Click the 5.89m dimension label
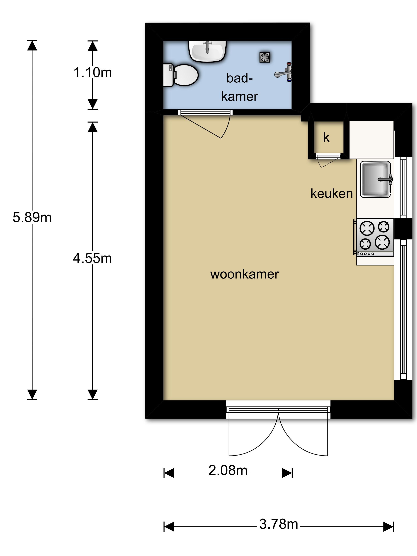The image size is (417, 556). tap(32, 217)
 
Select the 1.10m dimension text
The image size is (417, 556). tap(93, 73)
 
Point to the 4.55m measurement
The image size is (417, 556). tap(93, 258)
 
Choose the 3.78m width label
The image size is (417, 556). tap(279, 524)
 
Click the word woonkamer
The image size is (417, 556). tap(245, 274)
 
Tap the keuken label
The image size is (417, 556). tap(332, 194)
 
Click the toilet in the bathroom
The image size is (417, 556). tap(181, 75)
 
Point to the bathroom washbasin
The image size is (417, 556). tap(208, 51)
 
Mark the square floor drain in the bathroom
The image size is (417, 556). tap(265, 57)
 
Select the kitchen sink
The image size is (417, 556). tap(375, 179)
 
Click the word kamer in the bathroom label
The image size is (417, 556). tap(239, 97)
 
